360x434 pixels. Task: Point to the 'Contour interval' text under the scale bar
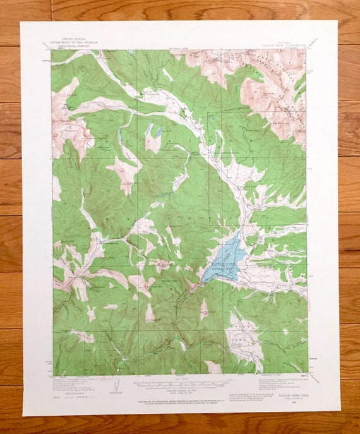180,389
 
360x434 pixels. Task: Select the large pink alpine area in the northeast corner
278,88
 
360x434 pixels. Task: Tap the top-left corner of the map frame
52,50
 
